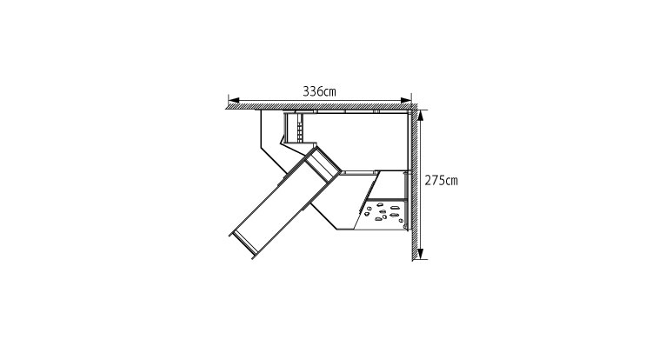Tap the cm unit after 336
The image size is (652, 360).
pyautogui.click(x=329, y=92)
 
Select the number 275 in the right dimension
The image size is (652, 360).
pyautogui.click(x=435, y=180)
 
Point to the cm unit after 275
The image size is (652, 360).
pyautogui.click(x=451, y=181)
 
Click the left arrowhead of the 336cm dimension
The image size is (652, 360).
pyautogui.click(x=234, y=100)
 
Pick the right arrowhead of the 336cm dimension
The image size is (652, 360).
pyautogui.click(x=406, y=100)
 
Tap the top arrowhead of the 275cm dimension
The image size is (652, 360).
pyautogui.click(x=421, y=116)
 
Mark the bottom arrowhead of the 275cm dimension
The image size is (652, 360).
pyautogui.click(x=421, y=254)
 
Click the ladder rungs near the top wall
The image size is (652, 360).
pyautogui.click(x=299, y=127)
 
